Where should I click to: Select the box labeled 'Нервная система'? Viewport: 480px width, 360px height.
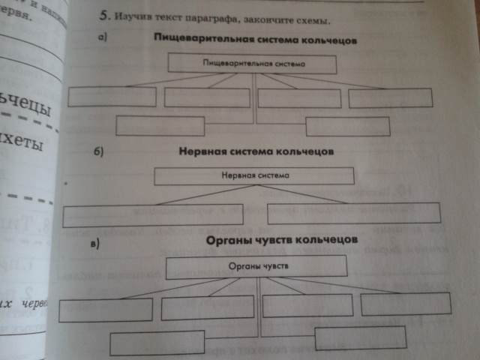[x=253, y=176]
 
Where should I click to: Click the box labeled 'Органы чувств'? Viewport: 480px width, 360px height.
[x=256, y=266]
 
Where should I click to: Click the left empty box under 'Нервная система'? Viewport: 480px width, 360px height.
[x=153, y=215]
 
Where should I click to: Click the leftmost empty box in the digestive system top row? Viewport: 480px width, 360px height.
[x=112, y=97]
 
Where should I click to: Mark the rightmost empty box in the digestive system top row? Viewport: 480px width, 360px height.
[x=390, y=97]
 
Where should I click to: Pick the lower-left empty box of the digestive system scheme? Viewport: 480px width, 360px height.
[x=160, y=126]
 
